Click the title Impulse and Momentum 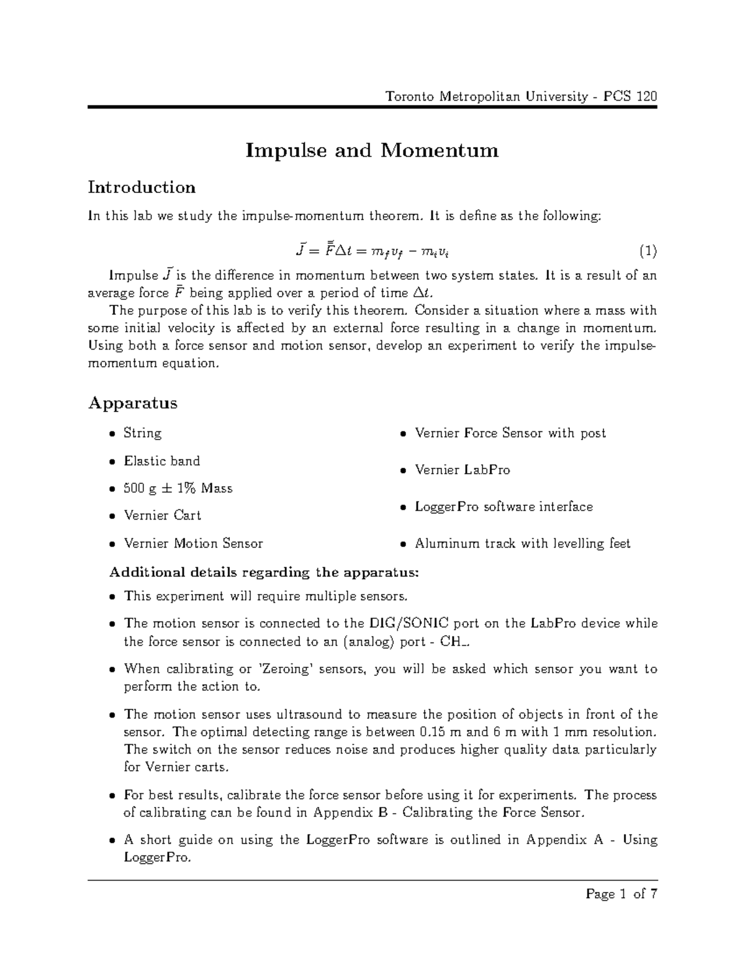pos(372,150)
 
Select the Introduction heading pos(142,187)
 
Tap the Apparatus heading pos(132,403)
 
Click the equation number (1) pos(648,251)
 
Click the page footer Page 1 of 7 pos(621,894)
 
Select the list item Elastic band pos(161,461)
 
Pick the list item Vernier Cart pos(162,515)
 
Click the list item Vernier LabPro pos(462,470)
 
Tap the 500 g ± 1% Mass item pos(178,488)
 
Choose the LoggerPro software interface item pos(503,507)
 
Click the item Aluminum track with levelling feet pos(522,543)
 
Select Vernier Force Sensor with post pos(510,433)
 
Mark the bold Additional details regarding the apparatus pos(264,572)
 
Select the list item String pos(142,433)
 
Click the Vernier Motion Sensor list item pos(193,543)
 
